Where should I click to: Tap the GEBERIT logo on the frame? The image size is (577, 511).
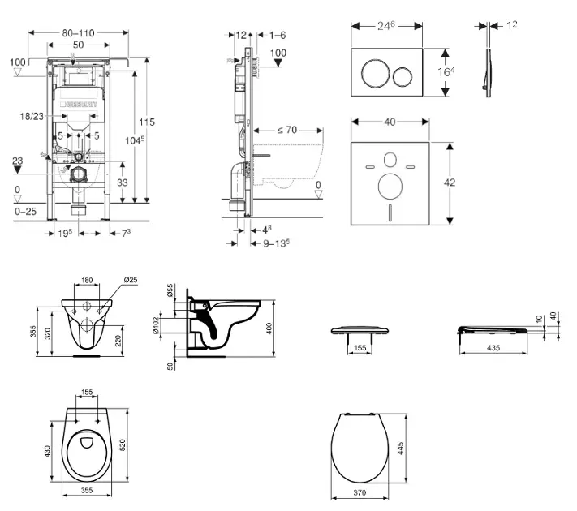point(82,104)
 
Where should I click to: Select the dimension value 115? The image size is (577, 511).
point(146,122)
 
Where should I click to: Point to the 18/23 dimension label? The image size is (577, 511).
point(32,118)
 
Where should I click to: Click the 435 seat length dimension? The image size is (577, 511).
point(493,347)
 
